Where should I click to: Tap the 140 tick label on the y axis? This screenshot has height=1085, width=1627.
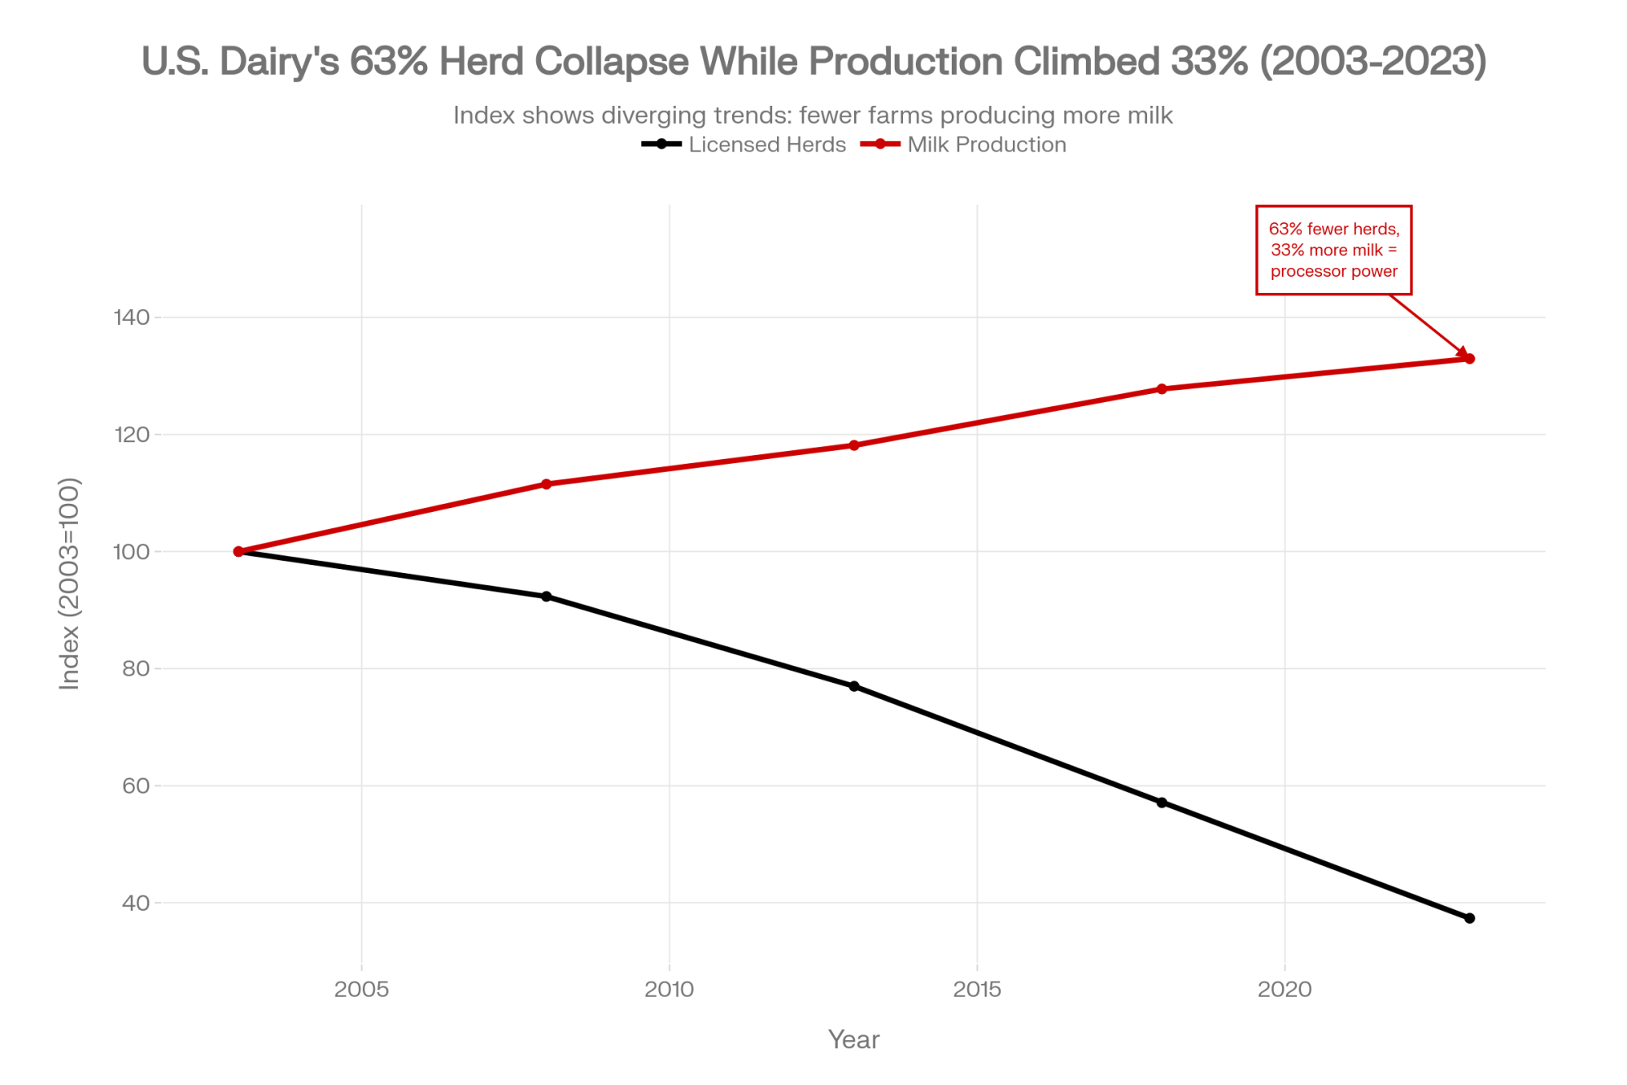pyautogui.click(x=132, y=317)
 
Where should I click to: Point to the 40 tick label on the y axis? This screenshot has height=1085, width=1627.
pyautogui.click(x=136, y=903)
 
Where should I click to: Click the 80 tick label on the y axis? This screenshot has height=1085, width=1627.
pyautogui.click(x=136, y=669)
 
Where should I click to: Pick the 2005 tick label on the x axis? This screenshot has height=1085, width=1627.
pyautogui.click(x=361, y=990)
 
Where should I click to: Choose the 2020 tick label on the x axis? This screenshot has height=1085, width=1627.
pyautogui.click(x=1285, y=990)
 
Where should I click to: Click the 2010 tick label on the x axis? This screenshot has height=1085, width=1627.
pyautogui.click(x=669, y=990)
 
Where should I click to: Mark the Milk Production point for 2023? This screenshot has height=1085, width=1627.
pyautogui.click(x=1469, y=359)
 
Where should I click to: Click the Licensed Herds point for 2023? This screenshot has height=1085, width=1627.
pyautogui.click(x=1469, y=918)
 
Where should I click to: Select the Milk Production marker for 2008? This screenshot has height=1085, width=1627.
pyautogui.click(x=546, y=484)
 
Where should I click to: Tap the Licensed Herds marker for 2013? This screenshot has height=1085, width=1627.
pyautogui.click(x=854, y=686)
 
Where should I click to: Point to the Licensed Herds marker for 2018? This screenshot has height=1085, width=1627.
pyautogui.click(x=1162, y=803)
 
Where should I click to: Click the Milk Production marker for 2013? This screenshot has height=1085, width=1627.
pyautogui.click(x=854, y=445)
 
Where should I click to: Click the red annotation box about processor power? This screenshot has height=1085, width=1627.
pyautogui.click(x=1333, y=250)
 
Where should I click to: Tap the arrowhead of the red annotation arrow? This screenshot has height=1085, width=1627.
pyautogui.click(x=1463, y=353)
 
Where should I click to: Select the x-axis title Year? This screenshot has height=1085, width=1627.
pyautogui.click(x=853, y=1039)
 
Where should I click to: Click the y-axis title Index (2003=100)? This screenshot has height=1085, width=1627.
pyautogui.click(x=70, y=584)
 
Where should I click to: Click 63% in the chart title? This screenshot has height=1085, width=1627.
pyautogui.click(x=389, y=62)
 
